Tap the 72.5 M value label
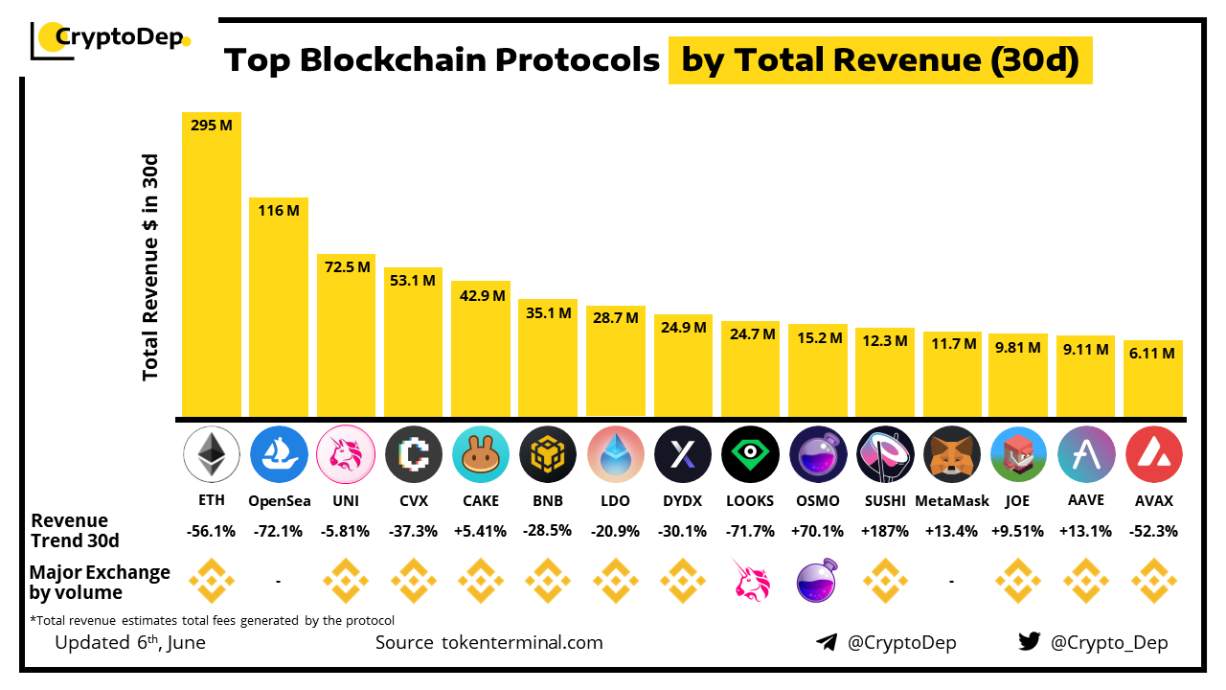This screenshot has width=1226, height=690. pos(346,267)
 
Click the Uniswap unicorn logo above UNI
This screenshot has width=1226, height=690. pos(346,454)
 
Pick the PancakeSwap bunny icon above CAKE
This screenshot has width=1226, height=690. pos(481,454)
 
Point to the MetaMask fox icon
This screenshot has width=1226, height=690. pos(952,454)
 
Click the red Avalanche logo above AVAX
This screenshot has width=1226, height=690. pos(1153,454)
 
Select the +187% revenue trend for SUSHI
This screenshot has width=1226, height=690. pos(884,531)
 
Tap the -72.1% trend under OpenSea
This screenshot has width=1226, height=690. pos(279,531)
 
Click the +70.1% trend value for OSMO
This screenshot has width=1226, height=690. pos(817,531)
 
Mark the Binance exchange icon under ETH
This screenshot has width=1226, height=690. pos(211,580)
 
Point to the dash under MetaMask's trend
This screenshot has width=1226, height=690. pos(952,580)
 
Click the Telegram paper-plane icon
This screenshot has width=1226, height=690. pos(826,642)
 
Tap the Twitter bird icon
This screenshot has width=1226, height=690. pos(1029,642)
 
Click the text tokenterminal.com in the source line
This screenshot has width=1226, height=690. pos(523,642)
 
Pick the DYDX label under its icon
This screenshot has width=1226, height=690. pos(683,500)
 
